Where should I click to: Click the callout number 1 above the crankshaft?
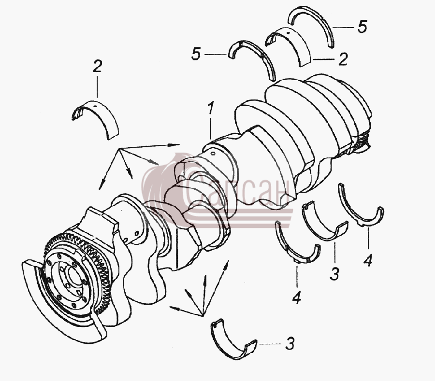tap(211, 108)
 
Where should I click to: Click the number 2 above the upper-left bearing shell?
tap(97, 66)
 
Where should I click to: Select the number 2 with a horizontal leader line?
tap(343, 59)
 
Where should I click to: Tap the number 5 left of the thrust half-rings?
tap(196, 54)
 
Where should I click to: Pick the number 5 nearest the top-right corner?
tap(362, 27)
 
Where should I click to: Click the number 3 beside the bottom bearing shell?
tap(290, 343)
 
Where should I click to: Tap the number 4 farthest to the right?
tap(368, 260)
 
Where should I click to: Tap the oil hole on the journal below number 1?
tap(213, 153)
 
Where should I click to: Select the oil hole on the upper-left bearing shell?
tap(95, 106)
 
